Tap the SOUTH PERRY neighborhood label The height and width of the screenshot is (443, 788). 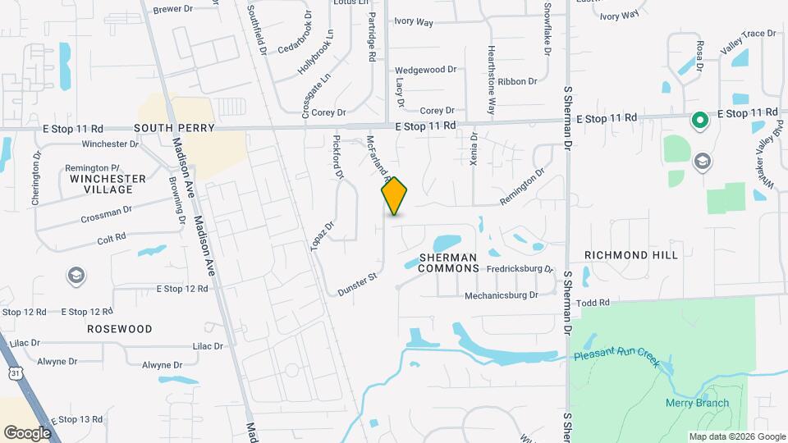tap(174, 128)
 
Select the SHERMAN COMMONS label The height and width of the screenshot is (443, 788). tap(448, 263)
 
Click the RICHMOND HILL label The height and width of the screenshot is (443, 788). tap(631, 255)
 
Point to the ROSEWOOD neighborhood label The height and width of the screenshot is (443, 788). tap(120, 329)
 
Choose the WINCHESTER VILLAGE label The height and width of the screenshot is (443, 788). tap(108, 184)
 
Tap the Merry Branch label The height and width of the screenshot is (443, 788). tap(696, 403)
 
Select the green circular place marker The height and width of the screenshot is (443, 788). tap(699, 121)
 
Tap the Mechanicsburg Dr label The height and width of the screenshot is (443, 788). tap(501, 295)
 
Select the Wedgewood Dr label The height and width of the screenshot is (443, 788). tap(425, 70)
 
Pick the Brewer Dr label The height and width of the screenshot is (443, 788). tap(172, 9)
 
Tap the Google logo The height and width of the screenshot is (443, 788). tap(28, 432)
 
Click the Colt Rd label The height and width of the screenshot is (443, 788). tap(112, 237)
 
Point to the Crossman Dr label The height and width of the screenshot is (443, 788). tap(107, 215)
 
